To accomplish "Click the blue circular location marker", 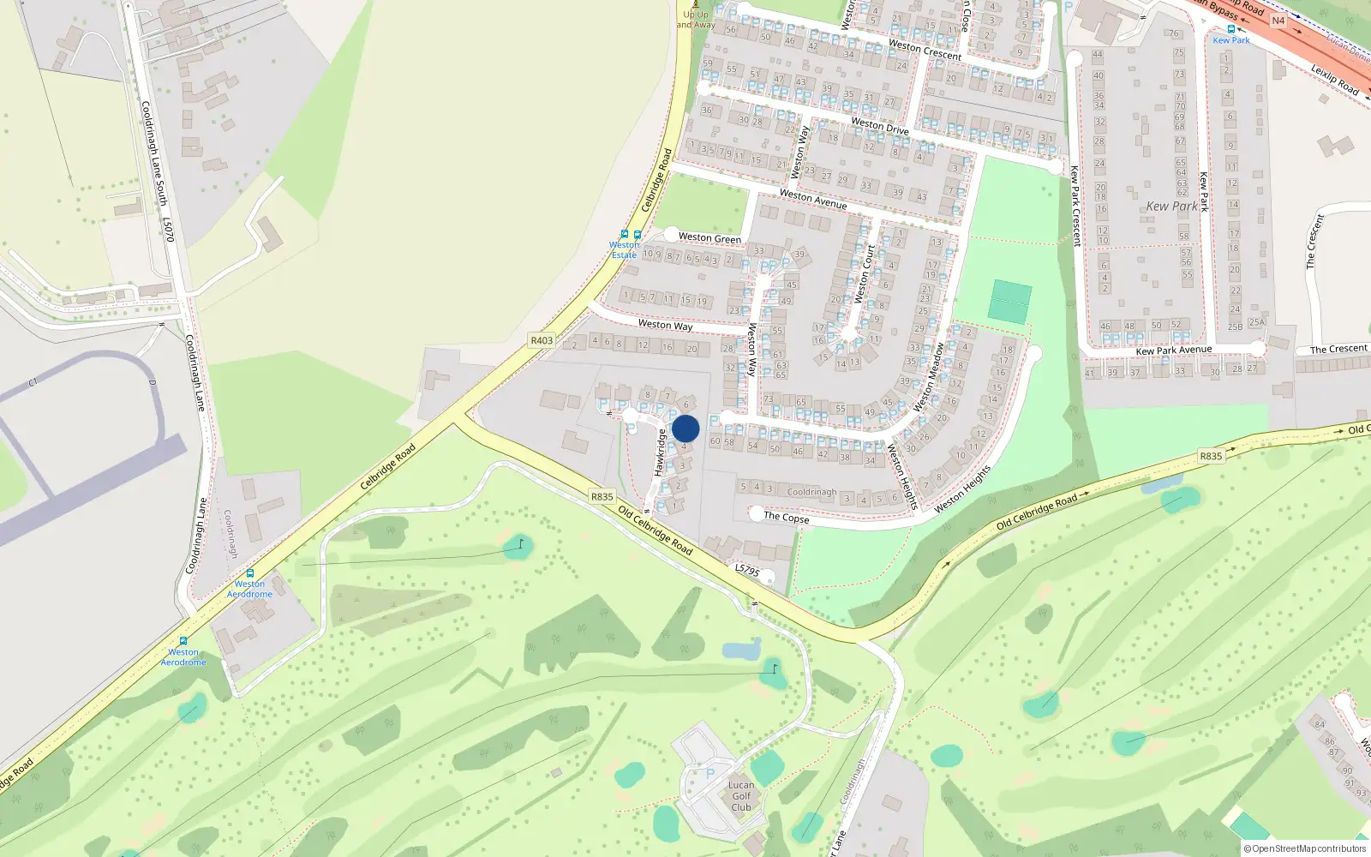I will [685, 428].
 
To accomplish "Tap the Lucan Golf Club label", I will [741, 796].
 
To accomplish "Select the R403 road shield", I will [542, 340].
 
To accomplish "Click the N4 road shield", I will [1278, 21].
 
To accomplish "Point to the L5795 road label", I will [747, 570].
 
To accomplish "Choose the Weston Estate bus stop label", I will [624, 249].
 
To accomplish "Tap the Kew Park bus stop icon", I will [1231, 29].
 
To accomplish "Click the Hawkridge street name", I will [660, 452].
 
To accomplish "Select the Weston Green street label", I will [709, 238].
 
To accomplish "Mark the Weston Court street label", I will [865, 274].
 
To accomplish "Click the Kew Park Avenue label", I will [1173, 350].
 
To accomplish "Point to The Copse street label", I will [786, 518].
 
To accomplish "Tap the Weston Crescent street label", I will [925, 50].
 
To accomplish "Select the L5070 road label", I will [169, 230].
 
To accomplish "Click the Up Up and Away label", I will [696, 20].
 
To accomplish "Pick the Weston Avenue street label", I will [812, 199].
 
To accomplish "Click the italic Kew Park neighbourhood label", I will [1171, 207].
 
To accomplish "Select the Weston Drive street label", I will [879, 126].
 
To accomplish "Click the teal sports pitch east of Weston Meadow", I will [1010, 302].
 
